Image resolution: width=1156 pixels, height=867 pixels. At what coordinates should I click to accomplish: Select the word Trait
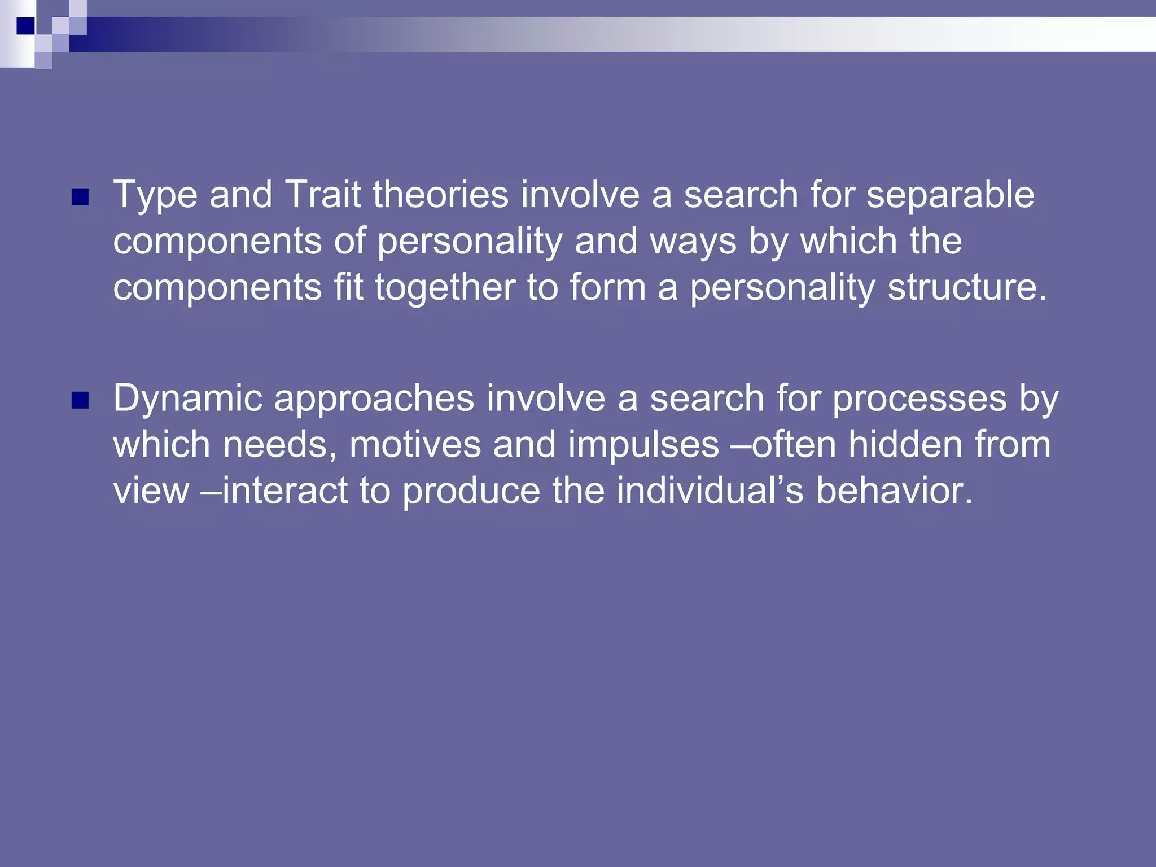pyautogui.click(x=323, y=195)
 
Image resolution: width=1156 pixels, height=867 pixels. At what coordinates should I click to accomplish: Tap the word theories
pyautogui.click(x=440, y=195)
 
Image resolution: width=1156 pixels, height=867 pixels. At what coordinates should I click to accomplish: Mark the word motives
pyautogui.click(x=415, y=445)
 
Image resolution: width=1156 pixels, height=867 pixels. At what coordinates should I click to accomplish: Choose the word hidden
pyautogui.click(x=905, y=445)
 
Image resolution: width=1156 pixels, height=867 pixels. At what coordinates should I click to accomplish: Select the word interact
pyautogui.click(x=284, y=491)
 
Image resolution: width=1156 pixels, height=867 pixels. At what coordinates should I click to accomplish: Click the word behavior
pyautogui.click(x=894, y=491)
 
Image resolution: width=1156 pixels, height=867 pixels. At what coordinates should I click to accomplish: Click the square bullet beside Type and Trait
pyautogui.click(x=81, y=197)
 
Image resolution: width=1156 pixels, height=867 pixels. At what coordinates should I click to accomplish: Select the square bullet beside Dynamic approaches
pyautogui.click(x=81, y=400)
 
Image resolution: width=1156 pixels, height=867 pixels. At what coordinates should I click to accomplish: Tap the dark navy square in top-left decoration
pyautogui.click(x=25, y=26)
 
